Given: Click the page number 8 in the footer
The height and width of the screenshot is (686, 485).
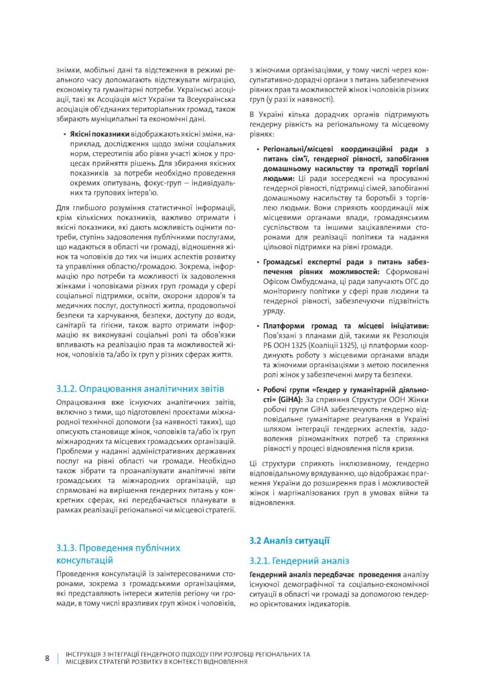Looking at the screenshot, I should [48, 657].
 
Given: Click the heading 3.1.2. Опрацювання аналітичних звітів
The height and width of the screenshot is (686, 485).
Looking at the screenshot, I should [140, 389].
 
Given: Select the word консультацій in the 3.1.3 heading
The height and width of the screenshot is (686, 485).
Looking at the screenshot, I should [84, 559].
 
